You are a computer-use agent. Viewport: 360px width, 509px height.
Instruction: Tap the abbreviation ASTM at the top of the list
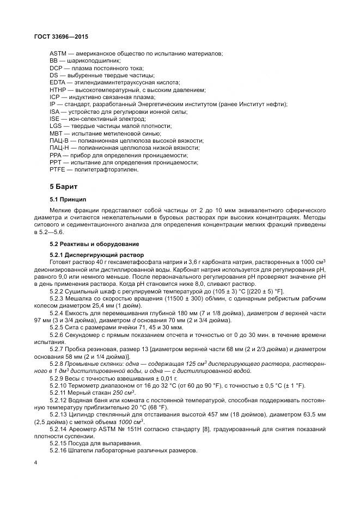pos(58,53)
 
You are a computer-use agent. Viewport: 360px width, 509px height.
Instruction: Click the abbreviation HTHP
pos(58,89)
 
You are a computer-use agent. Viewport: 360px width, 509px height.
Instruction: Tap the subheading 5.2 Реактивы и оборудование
pos(93,243)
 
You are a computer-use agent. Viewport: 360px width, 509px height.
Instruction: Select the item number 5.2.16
pos(74,450)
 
